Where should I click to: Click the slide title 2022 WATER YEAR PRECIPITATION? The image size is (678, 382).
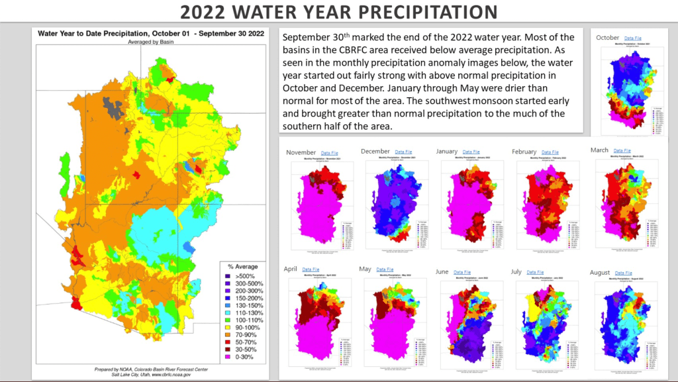point(338,12)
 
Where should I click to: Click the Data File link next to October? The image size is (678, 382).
point(634,38)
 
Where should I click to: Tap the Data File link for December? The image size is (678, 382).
point(403,152)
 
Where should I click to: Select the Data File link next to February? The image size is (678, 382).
point(550,152)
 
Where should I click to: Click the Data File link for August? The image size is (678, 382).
point(623,272)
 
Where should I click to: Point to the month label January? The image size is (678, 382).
point(447,152)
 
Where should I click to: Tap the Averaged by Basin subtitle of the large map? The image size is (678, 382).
point(151,42)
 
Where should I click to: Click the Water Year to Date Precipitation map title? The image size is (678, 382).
point(151,33)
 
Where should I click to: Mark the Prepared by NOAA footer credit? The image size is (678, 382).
point(151,368)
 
